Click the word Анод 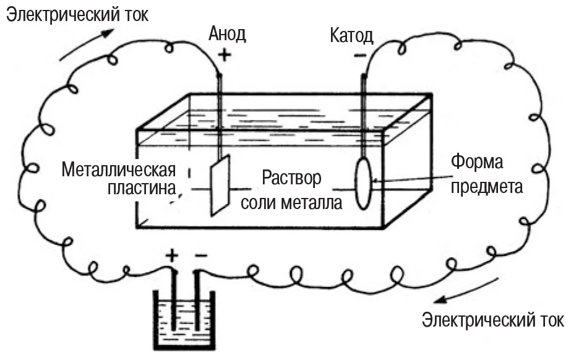pos(227,33)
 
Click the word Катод pos(351,35)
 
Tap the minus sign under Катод pos(360,56)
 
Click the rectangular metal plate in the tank pos(220,185)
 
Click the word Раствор pos(292,178)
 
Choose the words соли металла pos(291,202)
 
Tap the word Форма pos(477,163)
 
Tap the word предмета pos(487,186)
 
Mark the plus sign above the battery pos(172,255)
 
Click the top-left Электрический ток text pos(77,15)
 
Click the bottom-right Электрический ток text pos(492,320)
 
